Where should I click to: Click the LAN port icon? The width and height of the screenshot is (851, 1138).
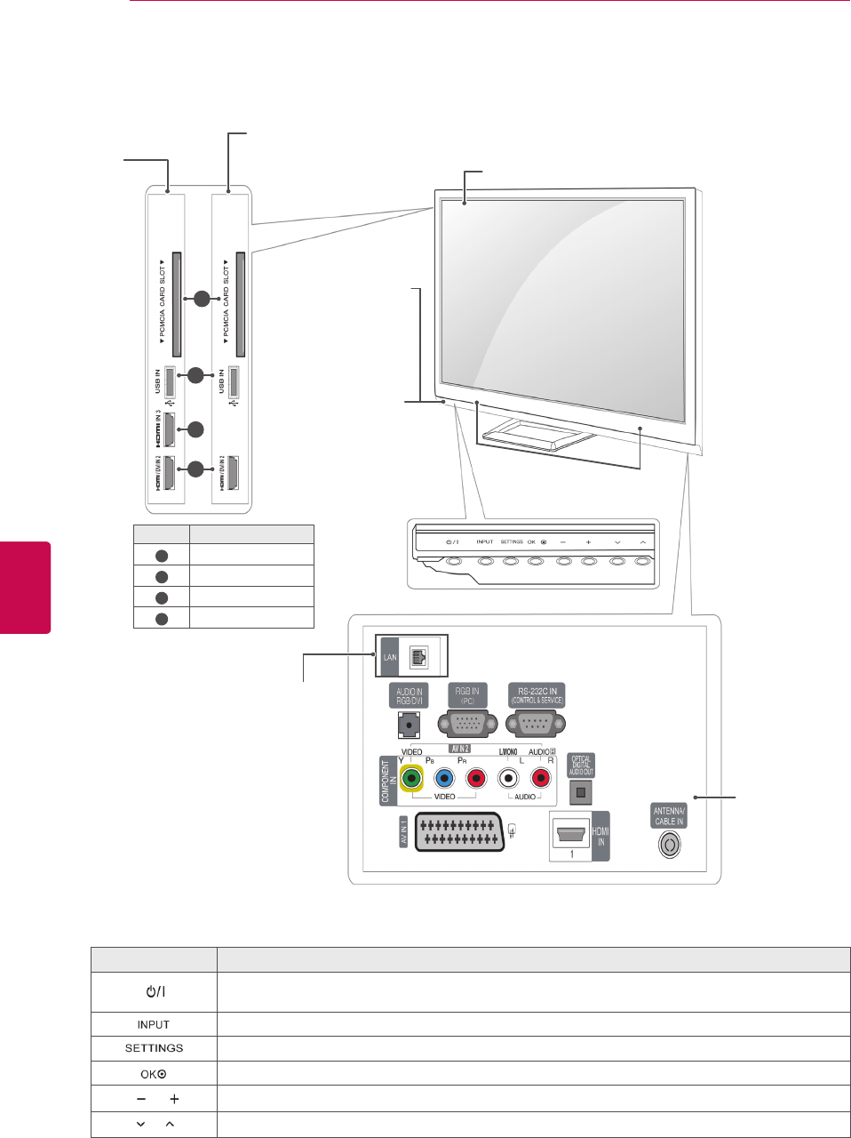click(x=418, y=657)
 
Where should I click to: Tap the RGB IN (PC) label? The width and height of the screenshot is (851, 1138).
click(x=467, y=695)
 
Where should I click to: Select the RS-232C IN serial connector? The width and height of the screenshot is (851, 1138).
click(x=536, y=724)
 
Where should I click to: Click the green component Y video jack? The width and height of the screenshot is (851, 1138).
click(x=410, y=779)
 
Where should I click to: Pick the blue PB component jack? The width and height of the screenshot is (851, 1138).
click(x=443, y=779)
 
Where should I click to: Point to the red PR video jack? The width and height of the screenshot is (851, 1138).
click(x=476, y=779)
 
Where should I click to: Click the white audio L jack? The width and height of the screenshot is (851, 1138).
click(x=507, y=779)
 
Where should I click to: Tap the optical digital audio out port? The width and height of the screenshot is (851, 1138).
click(x=580, y=792)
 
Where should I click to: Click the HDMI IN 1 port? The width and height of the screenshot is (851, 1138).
click(x=571, y=835)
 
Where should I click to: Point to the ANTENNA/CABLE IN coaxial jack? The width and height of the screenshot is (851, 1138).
click(x=669, y=844)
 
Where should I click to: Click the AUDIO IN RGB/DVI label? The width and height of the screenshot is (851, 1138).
click(x=409, y=695)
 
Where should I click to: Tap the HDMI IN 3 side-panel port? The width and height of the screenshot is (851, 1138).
click(x=170, y=429)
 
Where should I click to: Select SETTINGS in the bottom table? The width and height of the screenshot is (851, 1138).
click(x=154, y=1048)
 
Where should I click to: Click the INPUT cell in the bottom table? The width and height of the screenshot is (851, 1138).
click(x=154, y=1024)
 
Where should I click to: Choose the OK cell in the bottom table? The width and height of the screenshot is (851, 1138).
click(x=154, y=1073)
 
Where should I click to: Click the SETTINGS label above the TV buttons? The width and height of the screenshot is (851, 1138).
click(x=512, y=541)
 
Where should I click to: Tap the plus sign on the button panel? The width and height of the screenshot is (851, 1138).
click(x=588, y=542)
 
